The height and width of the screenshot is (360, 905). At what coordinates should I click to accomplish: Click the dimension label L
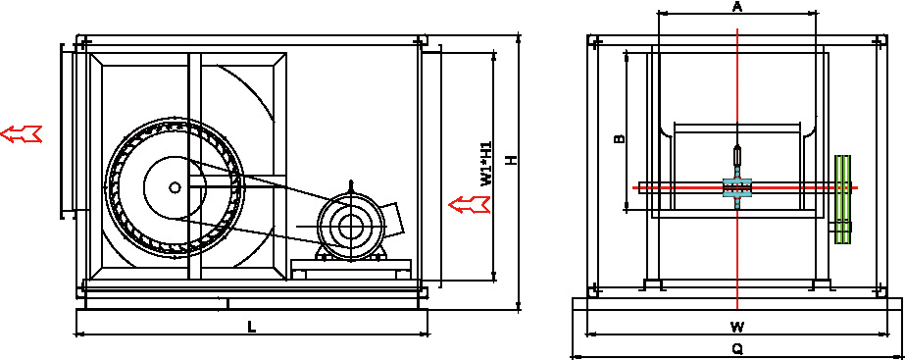(252, 327)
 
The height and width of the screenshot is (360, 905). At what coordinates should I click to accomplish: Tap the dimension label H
(511, 160)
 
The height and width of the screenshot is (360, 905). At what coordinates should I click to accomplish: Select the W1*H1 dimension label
(486, 164)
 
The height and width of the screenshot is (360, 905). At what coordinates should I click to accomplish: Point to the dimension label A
(737, 7)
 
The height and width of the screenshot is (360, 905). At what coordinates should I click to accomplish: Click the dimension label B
(619, 138)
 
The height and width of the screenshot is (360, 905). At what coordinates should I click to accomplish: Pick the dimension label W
(737, 327)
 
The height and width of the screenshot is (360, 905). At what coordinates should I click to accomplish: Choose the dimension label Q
(737, 349)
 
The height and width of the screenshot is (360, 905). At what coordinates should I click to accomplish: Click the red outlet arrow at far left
(22, 133)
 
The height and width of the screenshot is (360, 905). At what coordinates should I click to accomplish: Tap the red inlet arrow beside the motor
(470, 204)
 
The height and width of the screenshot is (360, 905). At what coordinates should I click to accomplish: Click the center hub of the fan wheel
(175, 186)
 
